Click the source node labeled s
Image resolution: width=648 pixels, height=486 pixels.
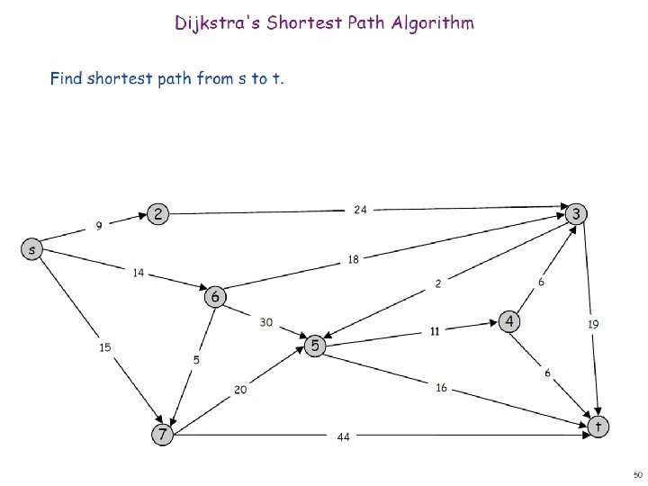tap(31, 249)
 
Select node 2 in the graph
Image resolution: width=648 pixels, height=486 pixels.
tap(157, 214)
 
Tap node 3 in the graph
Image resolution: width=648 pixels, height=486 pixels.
tap(577, 214)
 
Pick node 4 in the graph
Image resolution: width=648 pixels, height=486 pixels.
tap(509, 321)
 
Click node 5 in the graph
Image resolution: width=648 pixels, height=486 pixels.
tap(315, 345)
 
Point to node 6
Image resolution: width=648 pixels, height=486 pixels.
tap(215, 295)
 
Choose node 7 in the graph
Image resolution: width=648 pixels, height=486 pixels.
tap(161, 435)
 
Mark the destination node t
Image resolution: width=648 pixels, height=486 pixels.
tap(598, 425)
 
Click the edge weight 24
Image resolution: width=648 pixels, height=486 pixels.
tap(360, 210)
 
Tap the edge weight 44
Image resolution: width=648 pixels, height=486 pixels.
tap(343, 437)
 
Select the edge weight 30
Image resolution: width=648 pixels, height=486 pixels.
tap(266, 321)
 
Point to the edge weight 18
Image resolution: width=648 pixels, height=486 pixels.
tap(354, 260)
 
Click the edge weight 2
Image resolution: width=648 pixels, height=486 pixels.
tap(438, 283)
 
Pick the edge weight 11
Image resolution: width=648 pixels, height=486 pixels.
tap(434, 331)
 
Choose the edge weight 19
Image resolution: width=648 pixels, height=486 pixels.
tap(593, 323)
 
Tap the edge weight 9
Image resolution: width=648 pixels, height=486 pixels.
tap(99, 225)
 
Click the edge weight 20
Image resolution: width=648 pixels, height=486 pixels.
tap(240, 390)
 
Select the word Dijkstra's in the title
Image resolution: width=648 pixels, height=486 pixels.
tap(215, 22)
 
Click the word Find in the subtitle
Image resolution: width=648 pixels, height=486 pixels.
tap(66, 78)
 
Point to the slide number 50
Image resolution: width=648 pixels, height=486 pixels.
tap(637, 473)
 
